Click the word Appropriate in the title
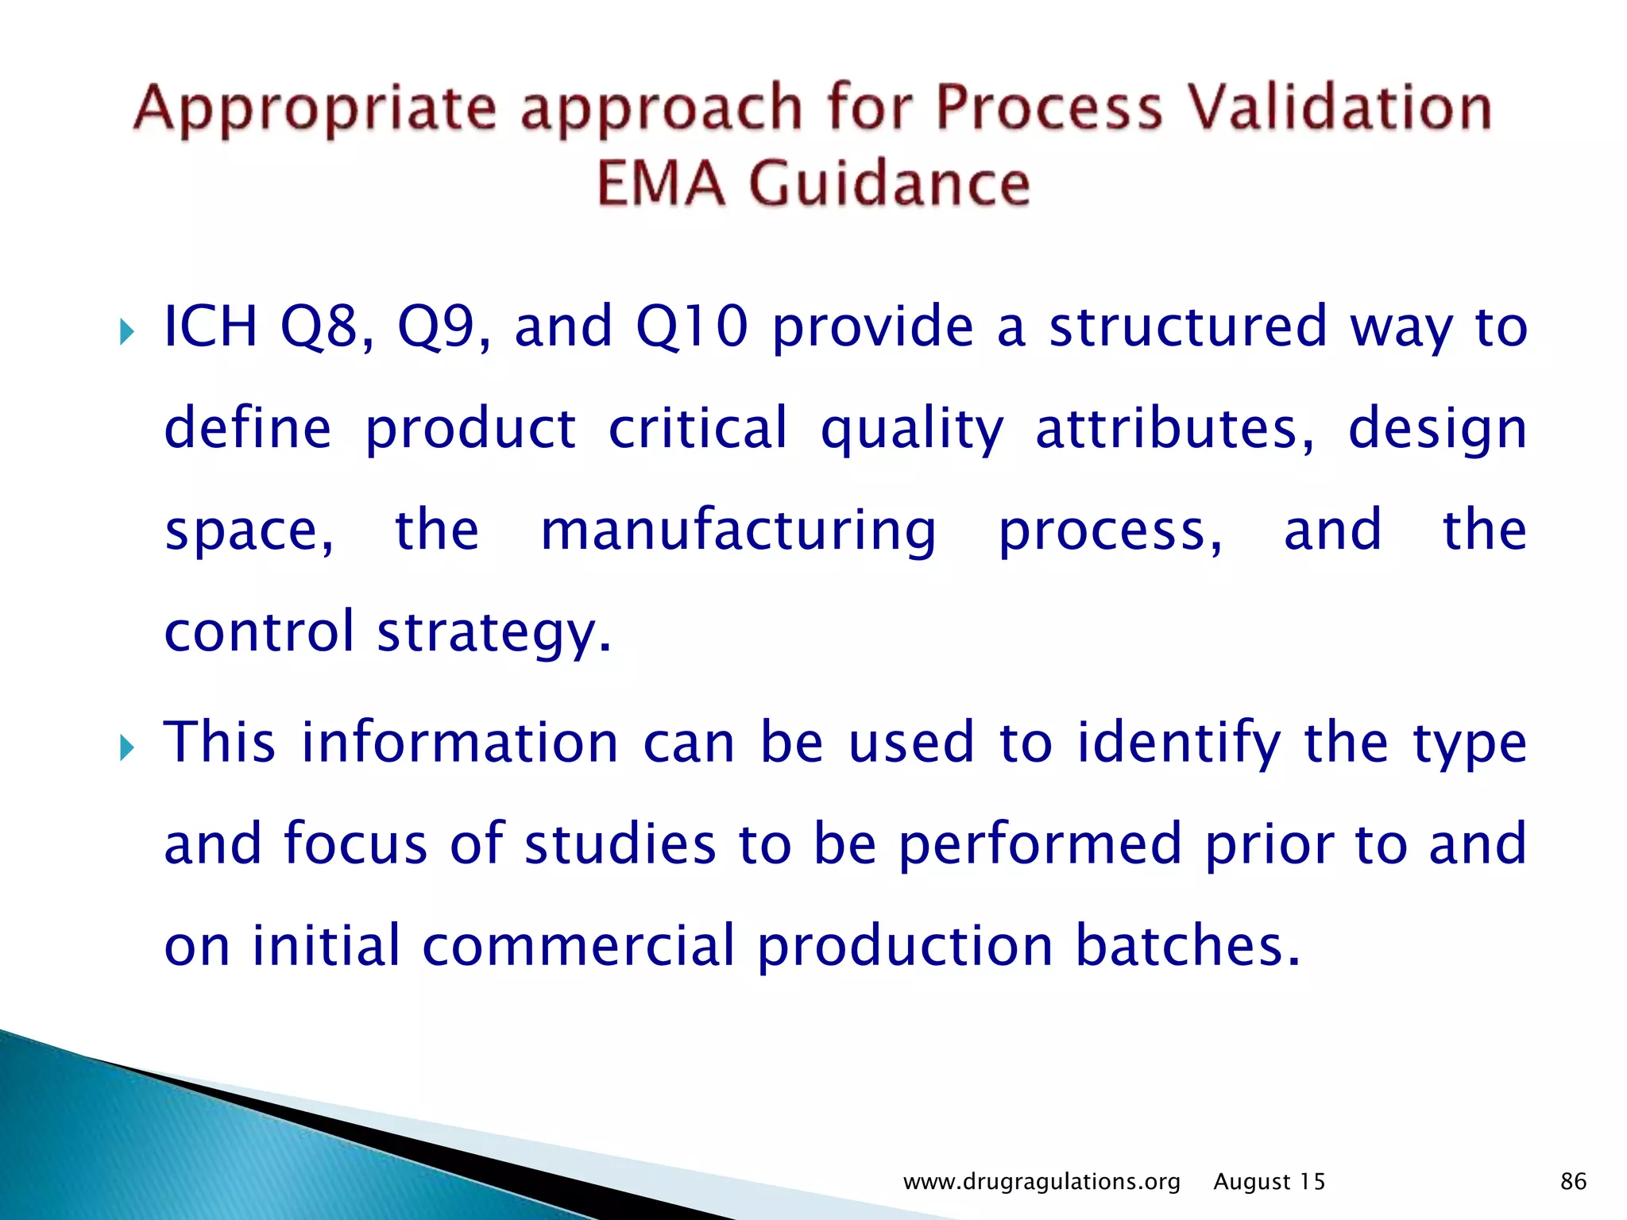[x=315, y=110]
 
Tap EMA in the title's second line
[x=661, y=184]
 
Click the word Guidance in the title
[x=890, y=184]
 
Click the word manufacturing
[x=738, y=532]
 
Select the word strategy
[x=494, y=634]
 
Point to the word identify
[x=1179, y=743]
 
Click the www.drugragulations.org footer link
[x=1042, y=1182]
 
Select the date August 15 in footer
[x=1270, y=1182]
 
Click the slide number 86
[x=1573, y=1182]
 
